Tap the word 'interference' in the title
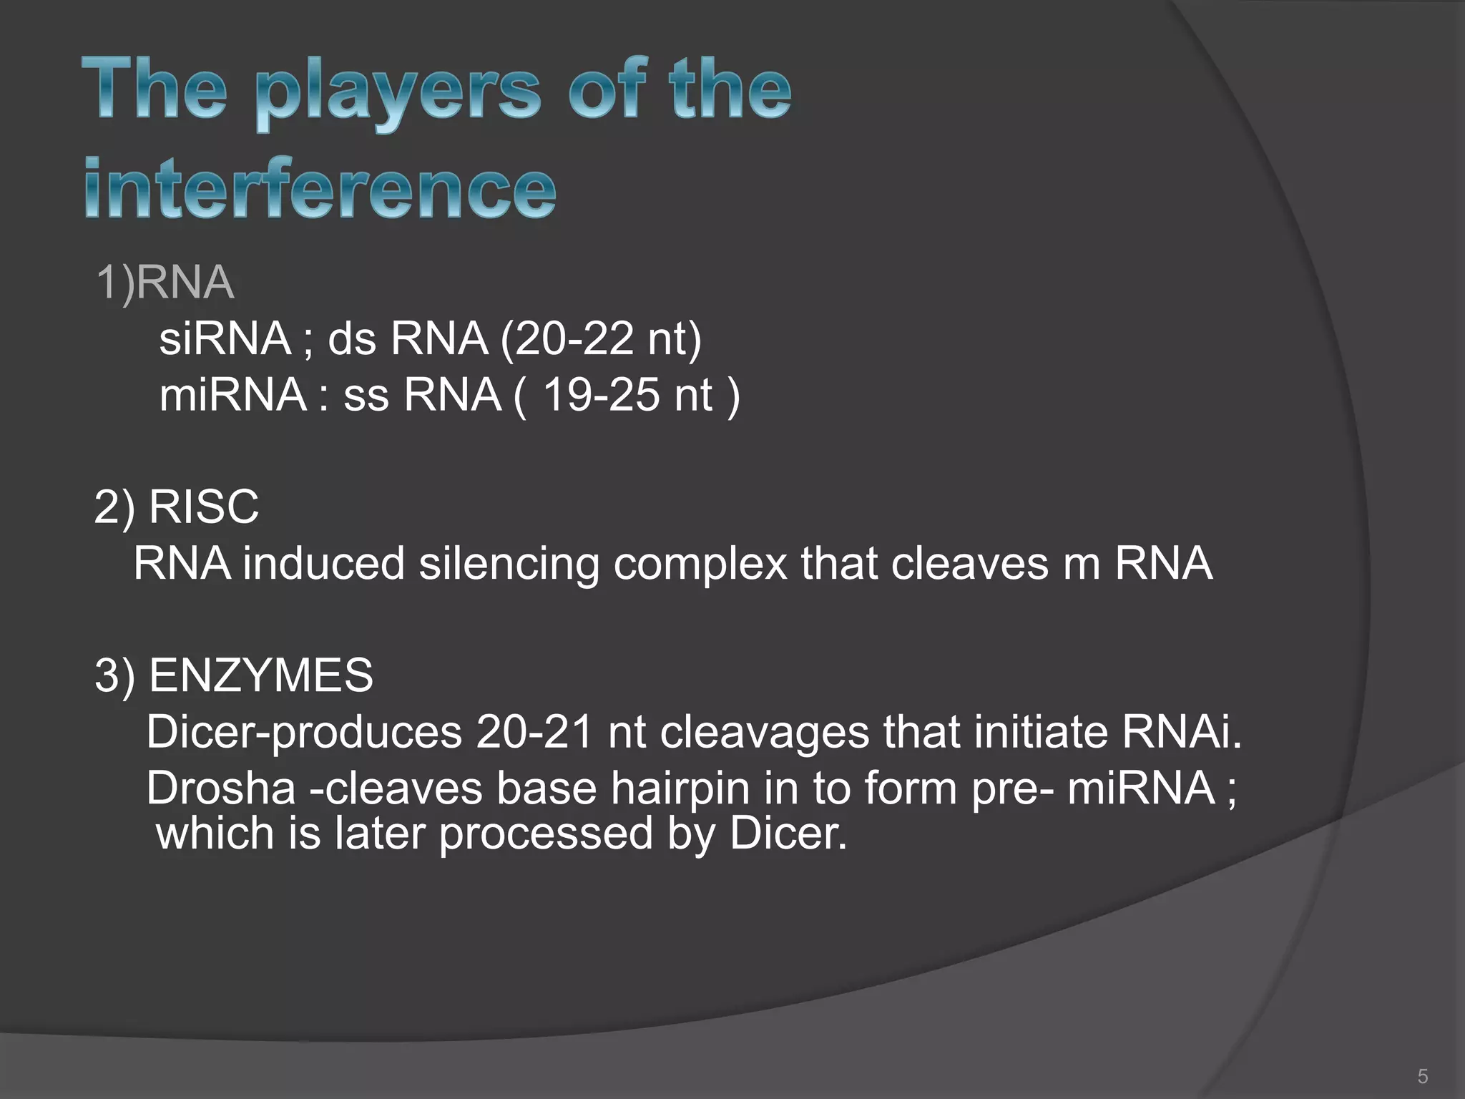pyautogui.click(x=320, y=187)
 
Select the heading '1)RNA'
pyautogui.click(x=165, y=282)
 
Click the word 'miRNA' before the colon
pyautogui.click(x=232, y=394)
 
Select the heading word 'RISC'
pyautogui.click(x=204, y=507)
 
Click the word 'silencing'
pyautogui.click(x=509, y=563)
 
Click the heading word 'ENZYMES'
pyautogui.click(x=261, y=675)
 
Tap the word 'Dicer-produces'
pyautogui.click(x=304, y=732)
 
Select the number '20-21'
pyautogui.click(x=534, y=732)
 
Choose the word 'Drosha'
pyautogui.click(x=221, y=788)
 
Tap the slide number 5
pyautogui.click(x=1422, y=1076)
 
